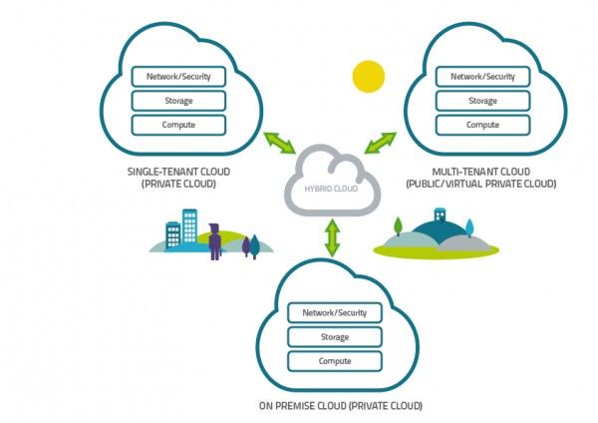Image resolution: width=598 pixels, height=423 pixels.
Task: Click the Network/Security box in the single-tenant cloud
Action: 178,76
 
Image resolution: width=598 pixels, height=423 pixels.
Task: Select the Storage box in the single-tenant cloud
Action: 178,101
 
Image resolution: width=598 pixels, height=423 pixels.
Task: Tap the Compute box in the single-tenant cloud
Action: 178,125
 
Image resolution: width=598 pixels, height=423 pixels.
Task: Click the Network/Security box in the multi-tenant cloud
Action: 482,76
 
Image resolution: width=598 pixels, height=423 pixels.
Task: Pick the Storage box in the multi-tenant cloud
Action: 482,101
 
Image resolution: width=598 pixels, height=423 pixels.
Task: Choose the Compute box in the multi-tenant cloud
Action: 482,125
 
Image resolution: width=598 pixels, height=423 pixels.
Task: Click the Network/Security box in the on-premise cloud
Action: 334,312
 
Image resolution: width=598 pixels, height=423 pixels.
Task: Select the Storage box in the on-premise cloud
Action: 334,336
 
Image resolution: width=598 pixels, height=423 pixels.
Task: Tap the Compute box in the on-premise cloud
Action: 334,360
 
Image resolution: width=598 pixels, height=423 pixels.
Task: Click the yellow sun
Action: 368,76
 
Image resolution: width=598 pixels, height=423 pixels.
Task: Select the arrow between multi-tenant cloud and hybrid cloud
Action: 380,142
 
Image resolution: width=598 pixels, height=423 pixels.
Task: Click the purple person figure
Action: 215,241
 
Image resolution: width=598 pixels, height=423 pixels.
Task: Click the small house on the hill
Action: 439,216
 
